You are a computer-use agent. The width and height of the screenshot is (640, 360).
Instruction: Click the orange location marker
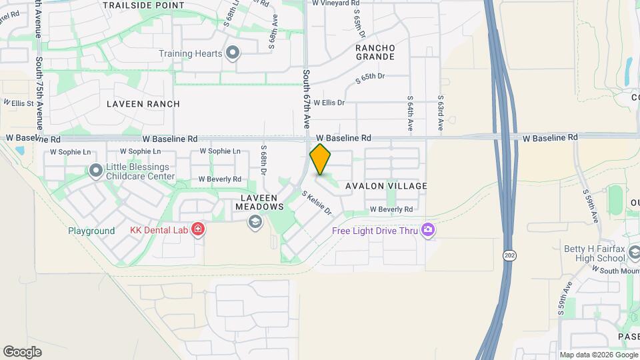[321, 159]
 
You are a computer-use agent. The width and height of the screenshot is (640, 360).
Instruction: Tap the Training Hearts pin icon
[233, 53]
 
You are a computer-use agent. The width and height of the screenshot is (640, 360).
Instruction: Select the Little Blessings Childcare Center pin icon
[96, 171]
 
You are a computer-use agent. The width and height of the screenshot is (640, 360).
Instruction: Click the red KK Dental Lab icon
[197, 231]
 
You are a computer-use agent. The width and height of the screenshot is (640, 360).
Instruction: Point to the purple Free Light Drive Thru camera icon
[428, 231]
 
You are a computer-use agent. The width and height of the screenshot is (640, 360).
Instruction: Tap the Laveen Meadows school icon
[255, 222]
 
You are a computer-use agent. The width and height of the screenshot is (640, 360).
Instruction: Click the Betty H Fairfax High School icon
[634, 253]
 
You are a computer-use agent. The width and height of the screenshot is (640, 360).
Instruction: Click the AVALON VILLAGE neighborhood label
[386, 186]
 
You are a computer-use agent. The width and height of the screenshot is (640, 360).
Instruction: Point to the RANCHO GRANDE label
[375, 53]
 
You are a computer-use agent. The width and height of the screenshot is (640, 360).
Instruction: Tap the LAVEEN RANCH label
[143, 104]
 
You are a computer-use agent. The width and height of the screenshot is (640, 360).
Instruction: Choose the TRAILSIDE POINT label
[143, 5]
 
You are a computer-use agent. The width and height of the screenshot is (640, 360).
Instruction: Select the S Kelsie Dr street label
[317, 203]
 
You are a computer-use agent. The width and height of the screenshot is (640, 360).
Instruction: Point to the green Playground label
[91, 231]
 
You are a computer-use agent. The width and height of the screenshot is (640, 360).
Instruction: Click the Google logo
[22, 351]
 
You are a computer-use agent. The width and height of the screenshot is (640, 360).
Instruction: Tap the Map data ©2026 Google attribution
[598, 355]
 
